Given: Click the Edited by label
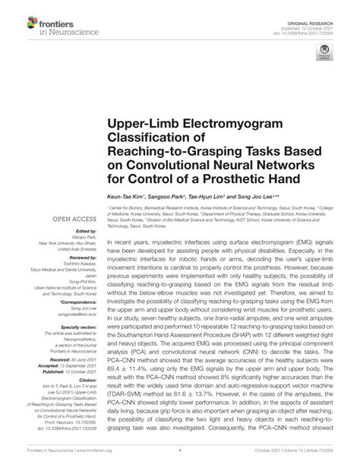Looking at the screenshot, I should [80, 231].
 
